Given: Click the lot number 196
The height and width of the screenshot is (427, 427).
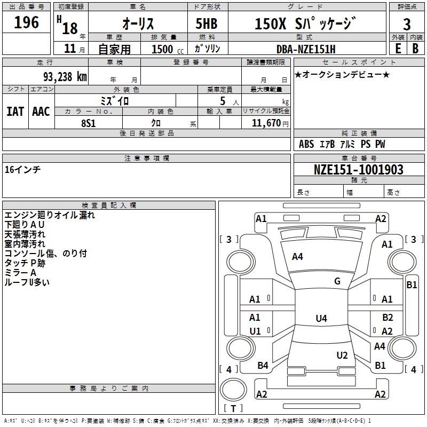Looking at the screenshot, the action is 26,22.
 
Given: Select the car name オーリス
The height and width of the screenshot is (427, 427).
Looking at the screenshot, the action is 138,23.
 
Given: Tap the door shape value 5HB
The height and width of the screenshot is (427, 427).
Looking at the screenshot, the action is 207,23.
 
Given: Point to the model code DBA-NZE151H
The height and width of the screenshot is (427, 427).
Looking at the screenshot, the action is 306,49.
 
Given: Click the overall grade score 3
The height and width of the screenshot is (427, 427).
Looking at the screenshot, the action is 407,24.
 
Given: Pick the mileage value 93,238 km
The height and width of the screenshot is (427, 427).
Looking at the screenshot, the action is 65,77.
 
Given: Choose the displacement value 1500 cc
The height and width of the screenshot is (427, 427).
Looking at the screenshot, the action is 168,49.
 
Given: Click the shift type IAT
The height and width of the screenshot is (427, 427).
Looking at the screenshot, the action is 15,112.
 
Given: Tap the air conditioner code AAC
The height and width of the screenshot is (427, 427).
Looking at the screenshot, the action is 41,112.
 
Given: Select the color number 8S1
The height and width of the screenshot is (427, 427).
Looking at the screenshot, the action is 89,123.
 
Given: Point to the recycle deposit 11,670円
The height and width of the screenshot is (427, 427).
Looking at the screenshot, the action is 270,123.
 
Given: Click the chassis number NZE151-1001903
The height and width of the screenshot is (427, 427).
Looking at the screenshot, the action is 359,170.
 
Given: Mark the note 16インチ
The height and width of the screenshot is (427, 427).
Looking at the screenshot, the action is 22,170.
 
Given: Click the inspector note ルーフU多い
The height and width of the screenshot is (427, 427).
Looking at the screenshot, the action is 27,282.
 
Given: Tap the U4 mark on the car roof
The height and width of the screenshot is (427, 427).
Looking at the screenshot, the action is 321,318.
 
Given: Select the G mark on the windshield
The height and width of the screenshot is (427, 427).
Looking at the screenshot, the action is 337,281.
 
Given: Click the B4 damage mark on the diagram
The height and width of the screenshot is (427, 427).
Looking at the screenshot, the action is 263,366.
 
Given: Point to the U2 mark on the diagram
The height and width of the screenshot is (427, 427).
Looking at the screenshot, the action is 342,355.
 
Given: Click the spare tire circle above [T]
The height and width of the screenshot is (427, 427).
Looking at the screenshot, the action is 233,389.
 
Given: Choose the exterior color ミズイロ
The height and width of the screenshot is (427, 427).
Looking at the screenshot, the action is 115,101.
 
